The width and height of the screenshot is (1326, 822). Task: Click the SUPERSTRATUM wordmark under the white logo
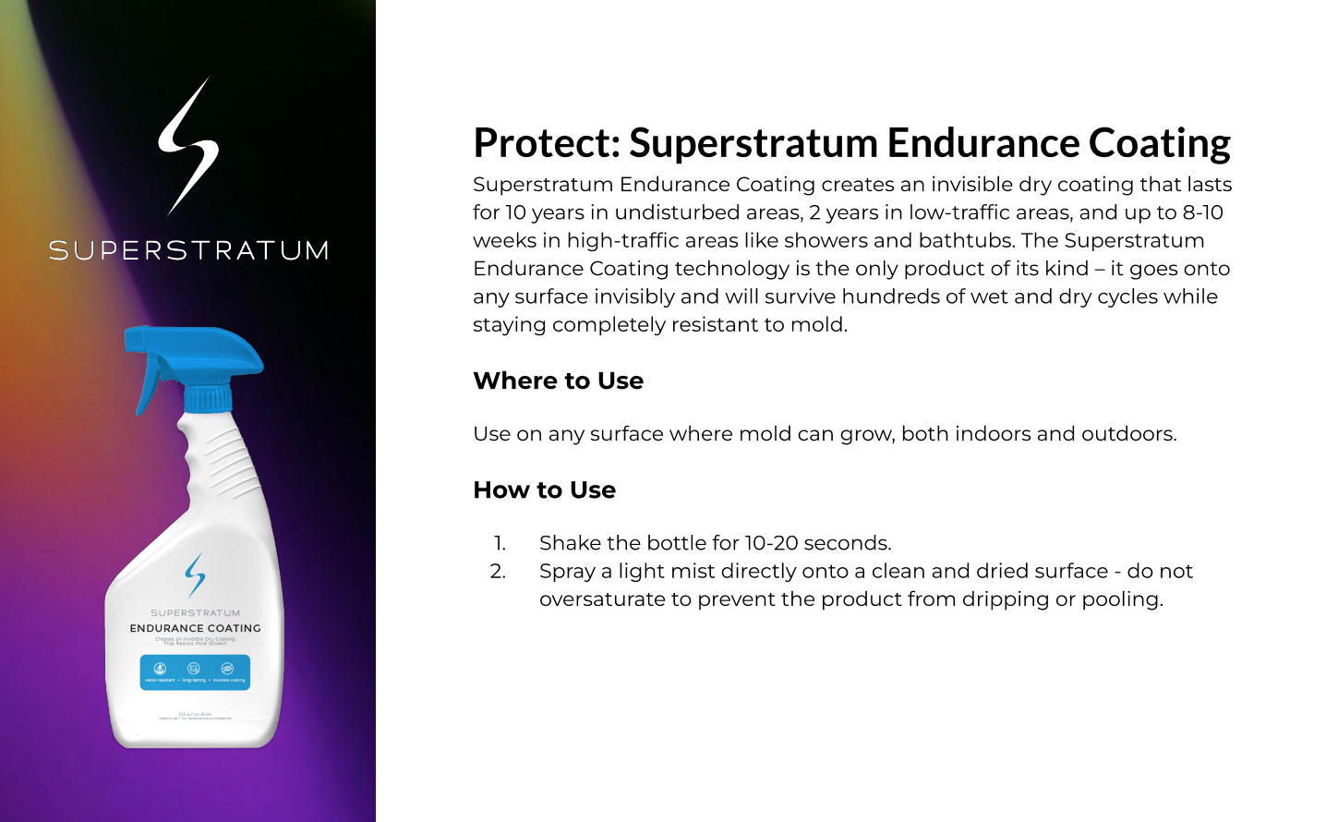tap(188, 250)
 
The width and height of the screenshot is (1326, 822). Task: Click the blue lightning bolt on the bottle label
tap(195, 574)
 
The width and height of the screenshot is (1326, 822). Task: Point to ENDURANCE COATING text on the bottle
tap(195, 628)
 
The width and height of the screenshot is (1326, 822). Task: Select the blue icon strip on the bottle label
tap(195, 671)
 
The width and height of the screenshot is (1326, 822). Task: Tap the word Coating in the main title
tap(1159, 143)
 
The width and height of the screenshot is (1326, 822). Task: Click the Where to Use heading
tap(558, 381)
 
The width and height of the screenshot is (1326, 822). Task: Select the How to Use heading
tap(544, 490)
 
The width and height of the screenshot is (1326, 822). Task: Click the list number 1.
tap(500, 543)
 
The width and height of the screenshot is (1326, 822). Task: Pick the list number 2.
tap(498, 571)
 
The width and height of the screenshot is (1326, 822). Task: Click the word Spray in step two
tap(567, 571)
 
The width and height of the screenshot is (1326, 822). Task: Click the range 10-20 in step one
tap(771, 543)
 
